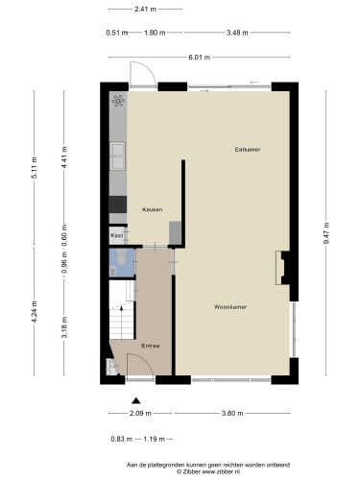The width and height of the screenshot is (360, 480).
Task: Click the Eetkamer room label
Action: click(248, 150)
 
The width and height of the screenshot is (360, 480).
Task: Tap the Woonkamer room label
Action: click(230, 307)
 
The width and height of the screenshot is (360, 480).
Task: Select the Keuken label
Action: click(152, 209)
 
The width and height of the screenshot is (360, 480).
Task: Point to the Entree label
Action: click(151, 346)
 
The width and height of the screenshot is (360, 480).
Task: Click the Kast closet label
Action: click(116, 235)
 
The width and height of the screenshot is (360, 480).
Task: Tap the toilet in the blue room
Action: click(121, 258)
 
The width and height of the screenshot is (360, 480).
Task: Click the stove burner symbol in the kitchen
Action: click(118, 101)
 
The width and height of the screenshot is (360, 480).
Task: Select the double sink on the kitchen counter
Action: click(118, 156)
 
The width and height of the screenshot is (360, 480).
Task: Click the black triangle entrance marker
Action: click(136, 400)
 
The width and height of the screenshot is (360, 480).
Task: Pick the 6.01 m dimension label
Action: click(199, 58)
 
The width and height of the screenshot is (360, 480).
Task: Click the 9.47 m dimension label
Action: click(326, 233)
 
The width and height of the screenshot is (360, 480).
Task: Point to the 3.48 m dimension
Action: click(237, 33)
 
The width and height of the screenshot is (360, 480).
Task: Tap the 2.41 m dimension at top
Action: click(145, 9)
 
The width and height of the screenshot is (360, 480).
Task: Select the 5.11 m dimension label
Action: click(34, 168)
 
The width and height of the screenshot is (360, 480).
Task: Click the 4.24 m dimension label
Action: click(34, 312)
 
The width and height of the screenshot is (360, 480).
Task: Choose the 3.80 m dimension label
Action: click(232, 413)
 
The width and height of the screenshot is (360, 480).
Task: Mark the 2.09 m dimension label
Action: click(140, 413)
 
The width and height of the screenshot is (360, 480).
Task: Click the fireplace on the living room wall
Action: click(282, 268)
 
